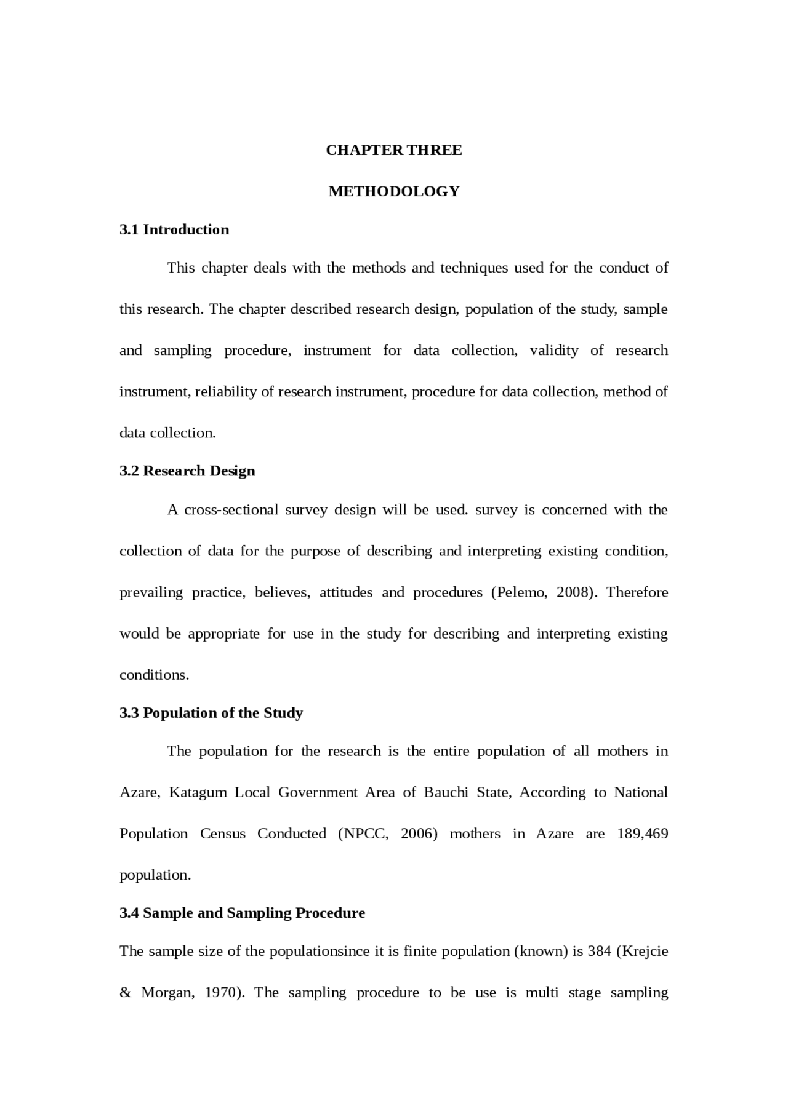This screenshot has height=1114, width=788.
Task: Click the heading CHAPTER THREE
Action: coord(393,150)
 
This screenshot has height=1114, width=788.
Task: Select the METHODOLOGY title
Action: coord(393,191)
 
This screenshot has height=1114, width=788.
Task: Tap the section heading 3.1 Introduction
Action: coord(174,229)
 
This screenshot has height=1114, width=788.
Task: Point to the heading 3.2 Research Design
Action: coord(187,471)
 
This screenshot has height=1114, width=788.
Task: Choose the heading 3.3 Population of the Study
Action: coord(211,712)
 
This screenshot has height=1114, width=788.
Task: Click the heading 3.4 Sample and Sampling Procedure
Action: coord(242,912)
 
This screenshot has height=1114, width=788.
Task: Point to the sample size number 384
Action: coord(599,951)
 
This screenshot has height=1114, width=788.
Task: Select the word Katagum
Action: coord(198,792)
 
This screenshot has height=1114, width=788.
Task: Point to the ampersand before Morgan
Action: coord(126,992)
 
